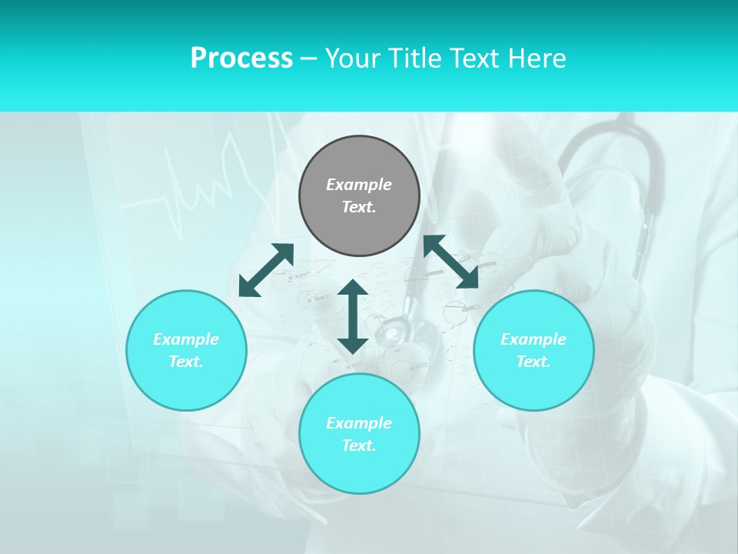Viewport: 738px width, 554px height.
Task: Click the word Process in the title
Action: [x=241, y=58]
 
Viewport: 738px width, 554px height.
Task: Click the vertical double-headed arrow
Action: [x=353, y=316]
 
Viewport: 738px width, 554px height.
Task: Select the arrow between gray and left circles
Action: [x=266, y=269]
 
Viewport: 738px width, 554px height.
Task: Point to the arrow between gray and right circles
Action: [x=451, y=262]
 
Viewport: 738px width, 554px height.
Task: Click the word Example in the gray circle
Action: [x=359, y=185]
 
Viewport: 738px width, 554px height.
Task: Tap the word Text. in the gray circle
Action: [x=359, y=207]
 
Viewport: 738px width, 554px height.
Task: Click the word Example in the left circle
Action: [x=186, y=339]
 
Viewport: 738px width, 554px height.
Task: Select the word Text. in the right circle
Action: [x=534, y=362]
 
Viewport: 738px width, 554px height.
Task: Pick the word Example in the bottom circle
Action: [x=359, y=423]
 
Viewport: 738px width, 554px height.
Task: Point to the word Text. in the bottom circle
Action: [x=359, y=446]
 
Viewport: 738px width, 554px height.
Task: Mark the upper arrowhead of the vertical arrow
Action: [x=353, y=289]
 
